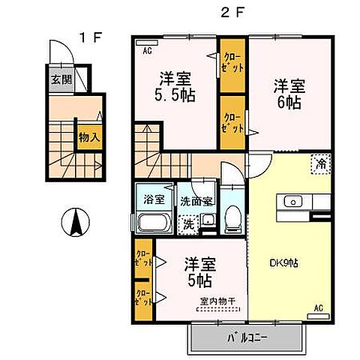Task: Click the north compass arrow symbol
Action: [74, 223]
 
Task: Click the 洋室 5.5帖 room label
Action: [172, 88]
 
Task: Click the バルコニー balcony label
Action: [248, 337]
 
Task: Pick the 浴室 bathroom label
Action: [154, 200]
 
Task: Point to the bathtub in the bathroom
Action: [155, 223]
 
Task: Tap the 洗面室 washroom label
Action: [196, 201]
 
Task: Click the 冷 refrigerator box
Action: [321, 163]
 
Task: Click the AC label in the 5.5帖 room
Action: [148, 51]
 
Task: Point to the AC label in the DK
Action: [318, 307]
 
